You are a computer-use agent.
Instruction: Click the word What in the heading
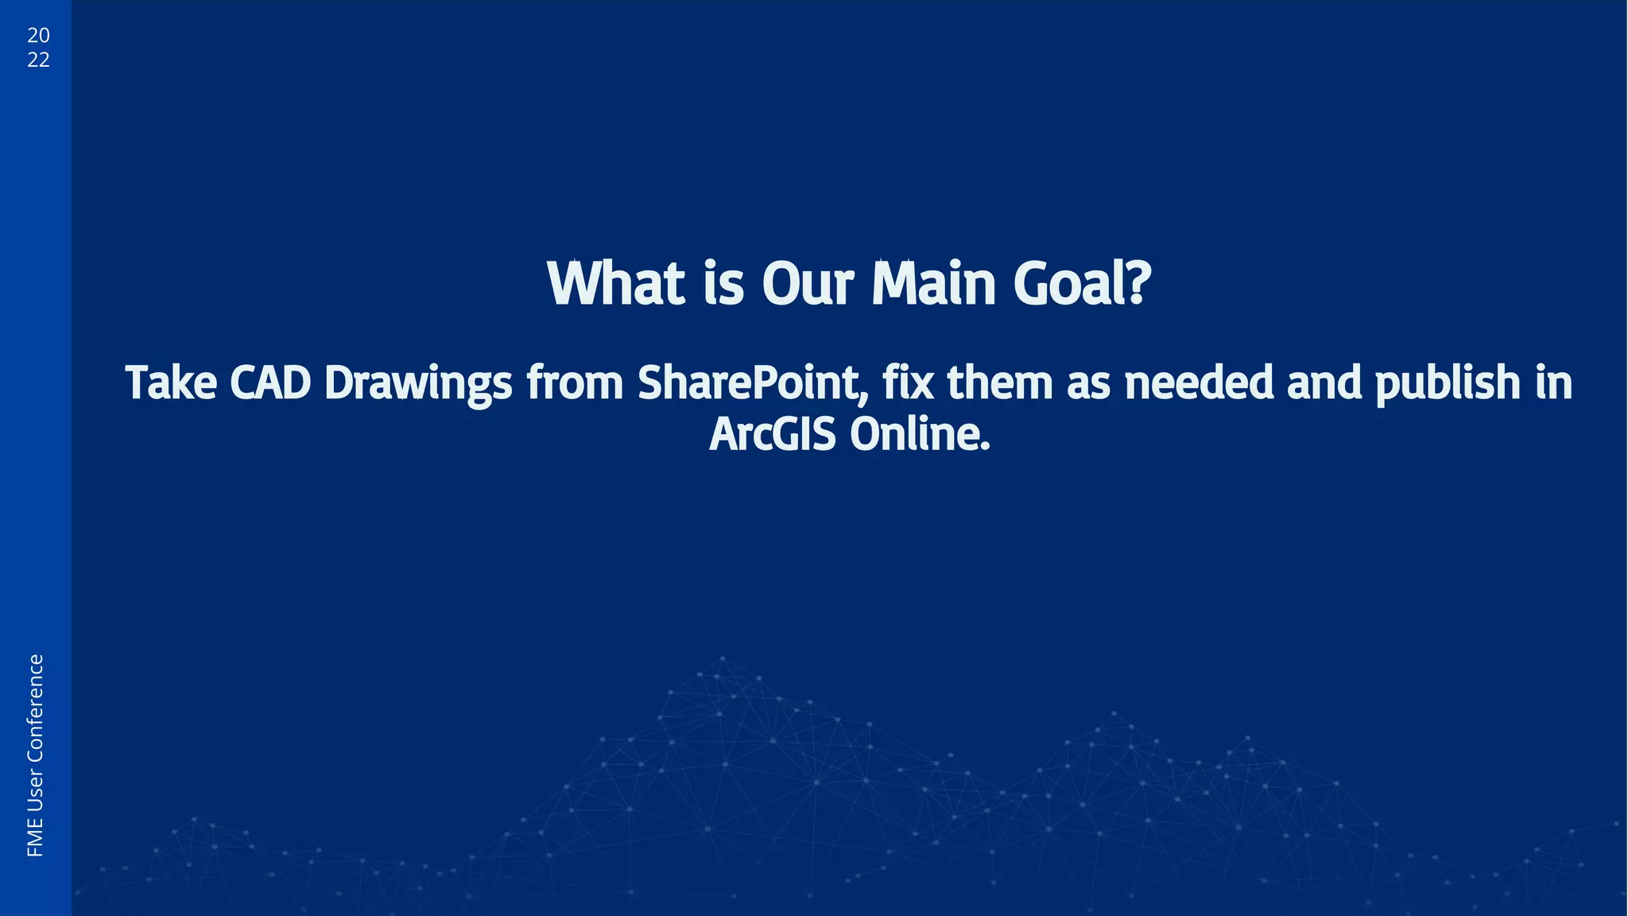616,284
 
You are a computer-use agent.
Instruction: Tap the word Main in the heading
933,284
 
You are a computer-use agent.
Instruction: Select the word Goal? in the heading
1082,284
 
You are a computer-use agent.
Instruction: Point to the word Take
171,383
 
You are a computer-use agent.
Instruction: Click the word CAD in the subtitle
270,383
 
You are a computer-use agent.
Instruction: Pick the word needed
1199,383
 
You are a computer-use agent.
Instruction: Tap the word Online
920,435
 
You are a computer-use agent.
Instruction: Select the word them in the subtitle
1000,383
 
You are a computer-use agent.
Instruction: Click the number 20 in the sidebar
38,36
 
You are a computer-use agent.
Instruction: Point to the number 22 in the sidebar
38,60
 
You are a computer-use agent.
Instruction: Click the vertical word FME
36,839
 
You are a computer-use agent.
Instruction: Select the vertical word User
36,790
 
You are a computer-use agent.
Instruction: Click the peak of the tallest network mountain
722,658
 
